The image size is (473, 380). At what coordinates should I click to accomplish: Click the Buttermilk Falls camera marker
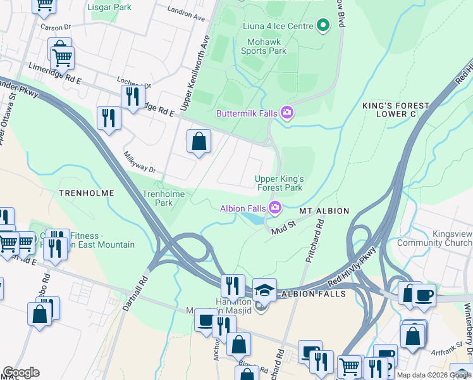(x=287, y=113)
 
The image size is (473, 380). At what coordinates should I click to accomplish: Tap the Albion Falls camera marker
(x=275, y=207)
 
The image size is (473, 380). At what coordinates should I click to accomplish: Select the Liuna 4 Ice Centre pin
(x=323, y=26)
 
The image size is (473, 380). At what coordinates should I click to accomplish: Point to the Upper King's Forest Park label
(x=280, y=183)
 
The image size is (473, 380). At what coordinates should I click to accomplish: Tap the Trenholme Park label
(x=158, y=198)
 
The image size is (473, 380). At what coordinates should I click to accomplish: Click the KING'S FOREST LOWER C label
(x=396, y=110)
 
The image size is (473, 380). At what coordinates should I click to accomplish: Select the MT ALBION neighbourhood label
(x=324, y=210)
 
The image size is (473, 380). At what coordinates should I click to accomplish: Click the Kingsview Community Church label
(x=450, y=238)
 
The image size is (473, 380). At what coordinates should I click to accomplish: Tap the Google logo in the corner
(x=21, y=372)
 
